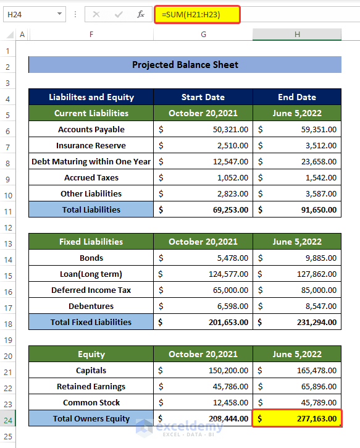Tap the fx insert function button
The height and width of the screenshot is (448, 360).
tap(141, 14)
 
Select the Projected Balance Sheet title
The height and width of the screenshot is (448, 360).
tap(185, 65)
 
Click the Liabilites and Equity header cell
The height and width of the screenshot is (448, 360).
tap(91, 97)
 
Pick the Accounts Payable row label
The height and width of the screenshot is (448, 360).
tap(91, 129)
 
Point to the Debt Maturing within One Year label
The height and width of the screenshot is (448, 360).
tap(91, 161)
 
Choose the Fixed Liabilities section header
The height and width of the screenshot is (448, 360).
tap(91, 242)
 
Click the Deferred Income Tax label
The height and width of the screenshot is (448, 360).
tap(91, 290)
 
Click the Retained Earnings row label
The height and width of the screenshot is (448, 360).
tap(91, 386)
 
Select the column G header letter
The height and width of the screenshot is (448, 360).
tap(203, 35)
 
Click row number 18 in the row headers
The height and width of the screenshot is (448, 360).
tap(8, 322)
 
